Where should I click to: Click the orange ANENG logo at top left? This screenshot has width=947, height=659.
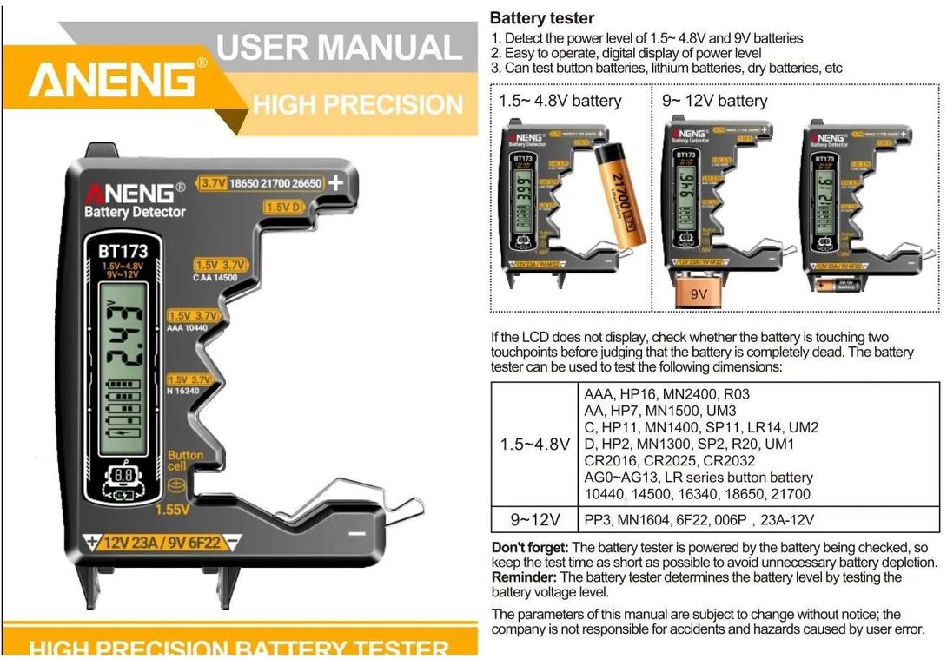pyautogui.click(x=112, y=81)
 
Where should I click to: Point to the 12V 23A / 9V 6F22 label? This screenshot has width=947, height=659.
pyautogui.click(x=162, y=544)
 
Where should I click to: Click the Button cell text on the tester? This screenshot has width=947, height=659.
pyautogui.click(x=185, y=460)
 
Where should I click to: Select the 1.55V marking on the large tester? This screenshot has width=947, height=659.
pyautogui.click(x=174, y=511)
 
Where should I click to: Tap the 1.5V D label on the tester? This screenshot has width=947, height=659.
pyautogui.click(x=283, y=208)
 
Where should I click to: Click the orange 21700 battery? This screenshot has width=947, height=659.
pyautogui.click(x=619, y=194)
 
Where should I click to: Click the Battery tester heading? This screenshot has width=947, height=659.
pyautogui.click(x=542, y=18)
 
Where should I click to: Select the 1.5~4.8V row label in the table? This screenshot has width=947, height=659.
pyautogui.click(x=535, y=444)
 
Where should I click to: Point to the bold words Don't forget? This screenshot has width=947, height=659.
pyautogui.click(x=530, y=548)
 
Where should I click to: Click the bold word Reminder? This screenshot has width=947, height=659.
pyautogui.click(x=524, y=577)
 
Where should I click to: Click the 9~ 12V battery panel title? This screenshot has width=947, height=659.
pyautogui.click(x=714, y=101)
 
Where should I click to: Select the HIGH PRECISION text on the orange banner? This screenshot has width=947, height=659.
pyautogui.click(x=358, y=105)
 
